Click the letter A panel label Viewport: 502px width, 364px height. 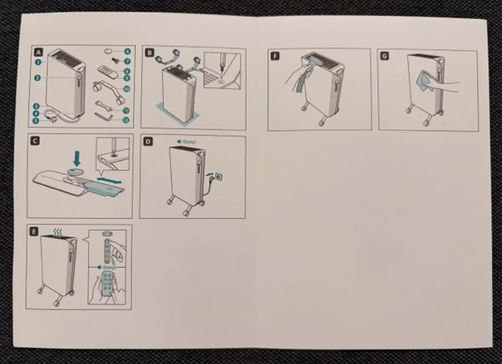38,53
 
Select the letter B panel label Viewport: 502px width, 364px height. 149,53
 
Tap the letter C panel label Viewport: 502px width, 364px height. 35,141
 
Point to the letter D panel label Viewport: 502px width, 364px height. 148,142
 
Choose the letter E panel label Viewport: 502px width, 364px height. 34,231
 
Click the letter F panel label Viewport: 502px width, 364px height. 275,56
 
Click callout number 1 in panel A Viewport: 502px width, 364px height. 38,62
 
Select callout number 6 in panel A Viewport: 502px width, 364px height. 127,52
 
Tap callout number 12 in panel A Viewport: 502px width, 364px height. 125,120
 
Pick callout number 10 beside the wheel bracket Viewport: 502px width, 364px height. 127,89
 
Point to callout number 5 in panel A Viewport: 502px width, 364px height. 36,121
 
